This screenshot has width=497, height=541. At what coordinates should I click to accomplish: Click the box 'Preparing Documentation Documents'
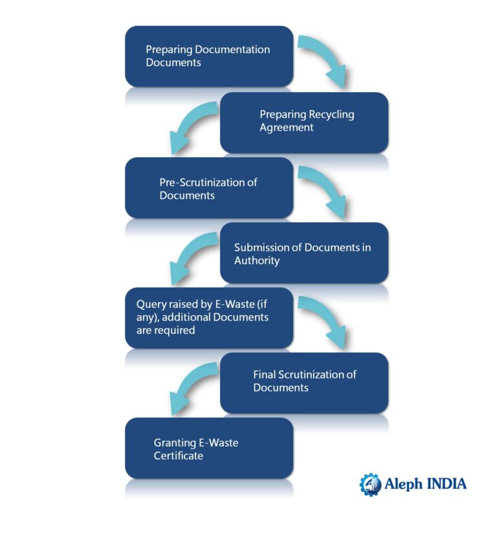click(x=208, y=56)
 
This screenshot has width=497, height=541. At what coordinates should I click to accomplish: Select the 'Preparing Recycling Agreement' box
click(x=304, y=122)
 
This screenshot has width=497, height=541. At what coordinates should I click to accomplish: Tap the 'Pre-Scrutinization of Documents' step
click(x=208, y=188)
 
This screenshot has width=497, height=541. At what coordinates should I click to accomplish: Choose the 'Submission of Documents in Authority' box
click(x=304, y=253)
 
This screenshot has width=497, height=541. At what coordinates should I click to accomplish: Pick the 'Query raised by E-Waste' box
click(x=208, y=318)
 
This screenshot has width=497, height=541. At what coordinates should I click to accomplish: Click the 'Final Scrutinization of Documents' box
click(x=304, y=382)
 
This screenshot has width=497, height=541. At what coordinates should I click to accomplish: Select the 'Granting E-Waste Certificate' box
click(x=208, y=448)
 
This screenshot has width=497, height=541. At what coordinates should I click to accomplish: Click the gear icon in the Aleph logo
click(x=370, y=484)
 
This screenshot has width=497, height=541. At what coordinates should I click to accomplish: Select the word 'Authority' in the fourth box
click(x=257, y=261)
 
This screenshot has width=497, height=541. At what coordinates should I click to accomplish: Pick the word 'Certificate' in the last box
click(x=178, y=456)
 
